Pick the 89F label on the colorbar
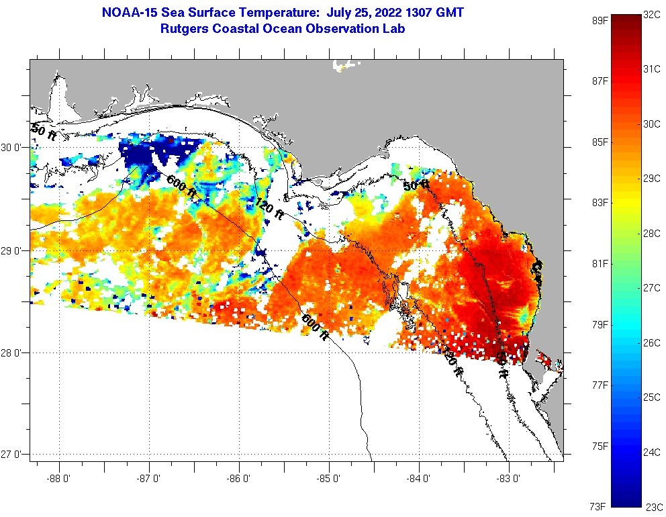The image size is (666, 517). pyautogui.click(x=599, y=20)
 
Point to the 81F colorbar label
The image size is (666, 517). pyautogui.click(x=599, y=263)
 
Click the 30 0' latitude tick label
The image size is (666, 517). pyautogui.click(x=13, y=147)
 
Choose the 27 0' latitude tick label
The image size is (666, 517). pyautogui.click(x=13, y=455)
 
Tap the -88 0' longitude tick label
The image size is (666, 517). pyautogui.click(x=59, y=479)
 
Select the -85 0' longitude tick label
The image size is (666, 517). pyautogui.click(x=330, y=479)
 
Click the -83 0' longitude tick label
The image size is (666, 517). pyautogui.click(x=510, y=479)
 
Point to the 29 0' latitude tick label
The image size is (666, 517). pyautogui.click(x=13, y=250)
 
